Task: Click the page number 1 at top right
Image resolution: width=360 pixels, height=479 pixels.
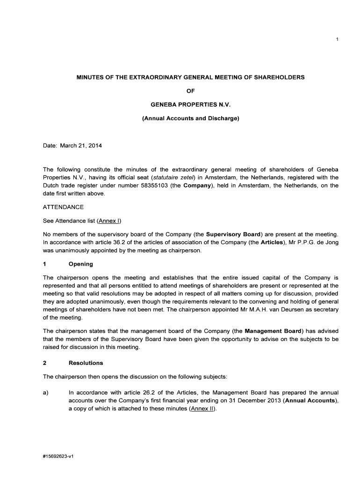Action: click(337, 39)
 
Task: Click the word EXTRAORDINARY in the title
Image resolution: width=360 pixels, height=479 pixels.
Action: click(150, 77)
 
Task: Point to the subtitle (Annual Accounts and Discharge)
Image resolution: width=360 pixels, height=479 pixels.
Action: click(190, 119)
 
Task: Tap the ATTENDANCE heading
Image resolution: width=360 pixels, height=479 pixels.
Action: click(63, 207)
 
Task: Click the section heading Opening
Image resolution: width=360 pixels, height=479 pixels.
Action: click(80, 264)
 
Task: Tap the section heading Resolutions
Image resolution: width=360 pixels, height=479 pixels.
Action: click(86, 363)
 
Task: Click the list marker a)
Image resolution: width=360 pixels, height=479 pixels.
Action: click(46, 393)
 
